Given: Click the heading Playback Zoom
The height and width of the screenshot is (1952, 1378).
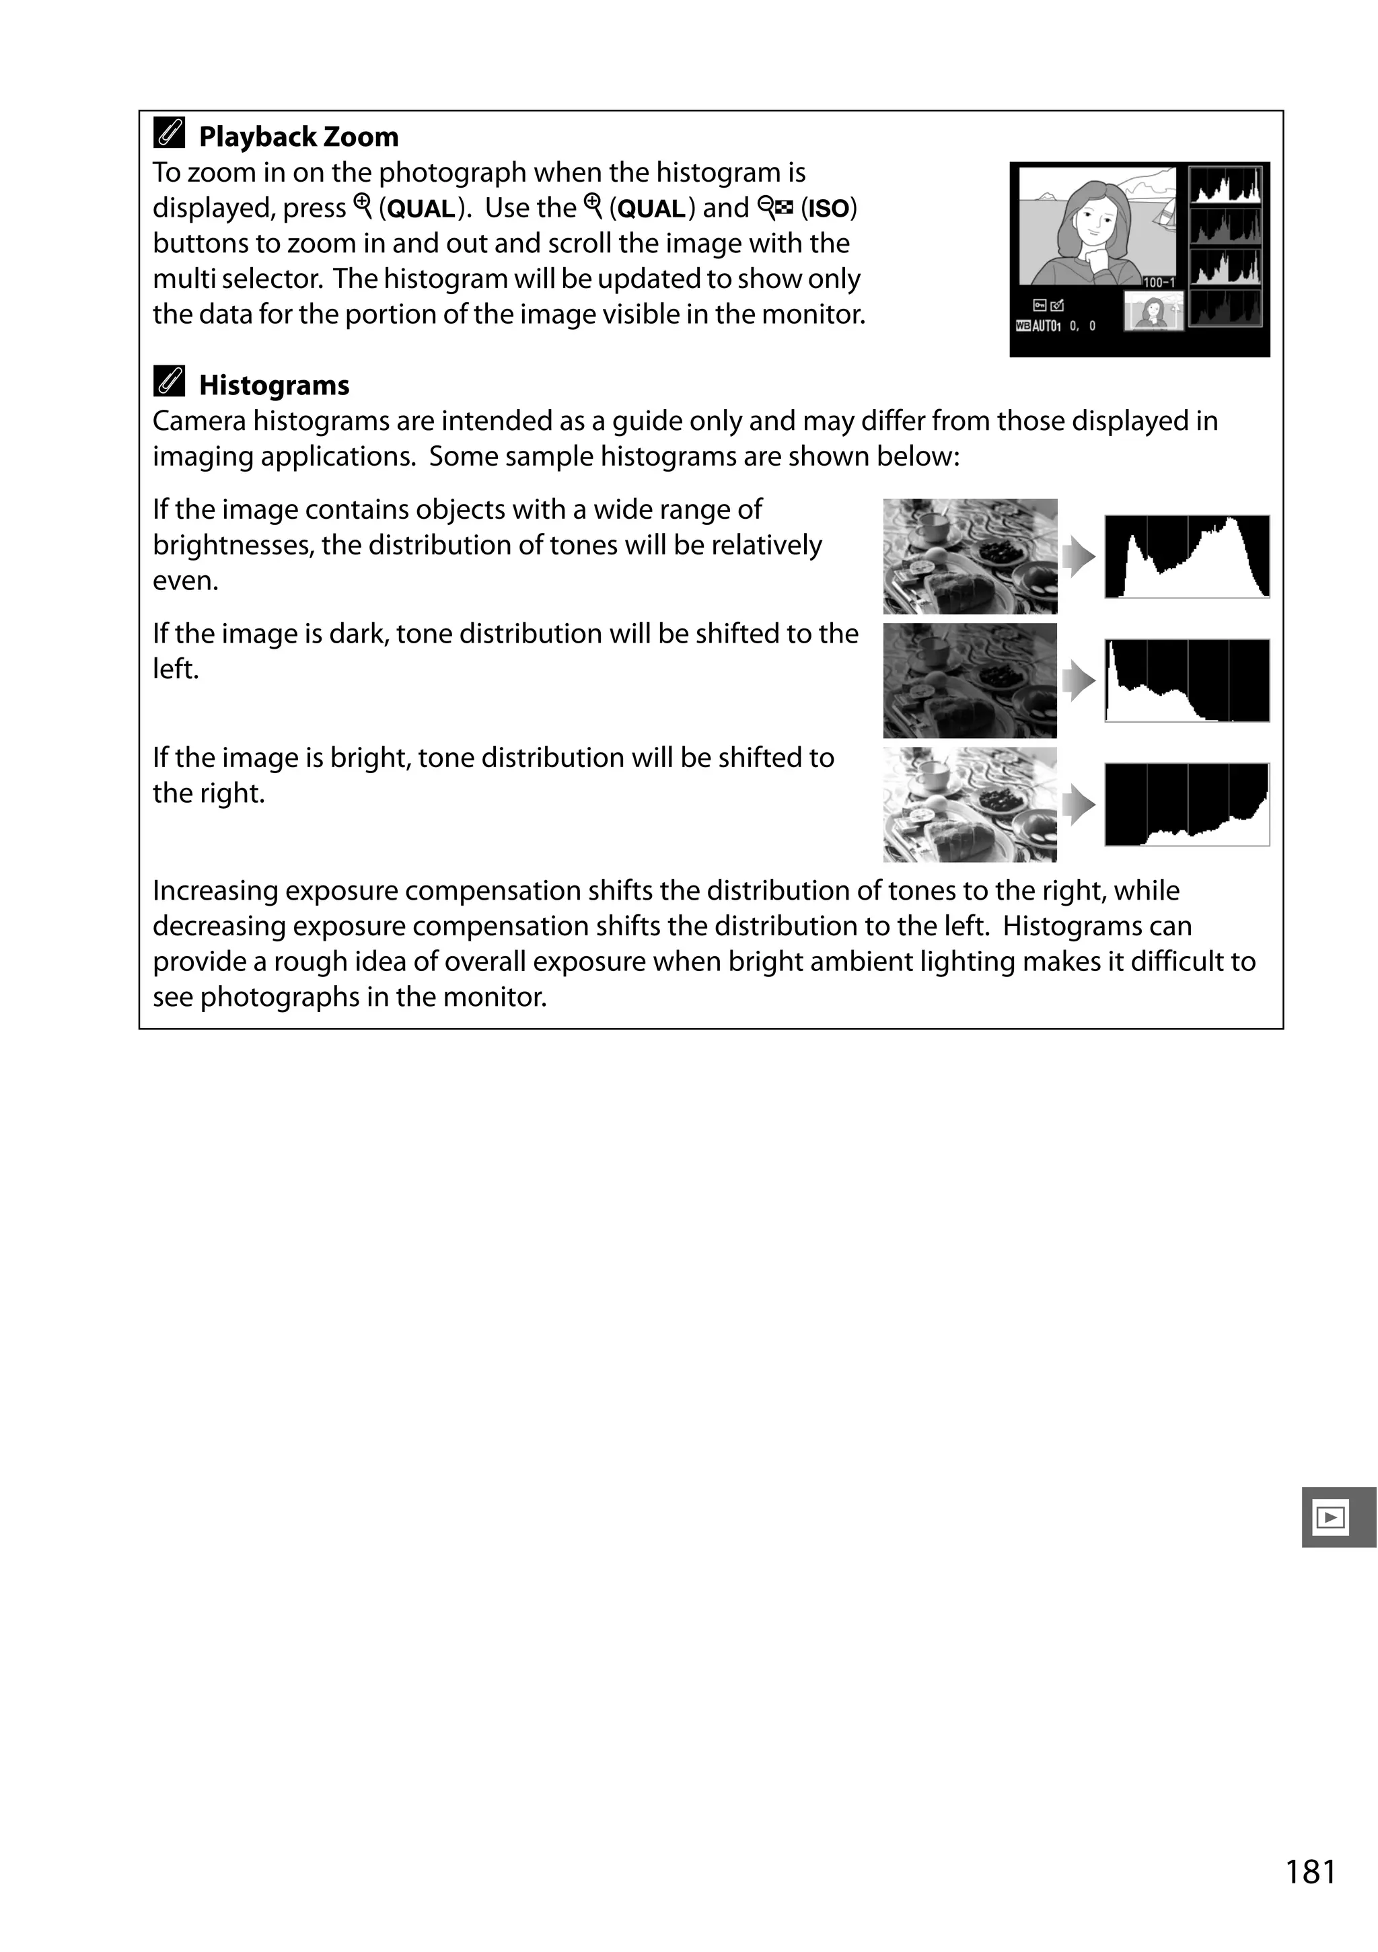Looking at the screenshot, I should coord(297,137).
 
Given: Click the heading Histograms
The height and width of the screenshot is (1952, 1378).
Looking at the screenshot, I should coord(274,385).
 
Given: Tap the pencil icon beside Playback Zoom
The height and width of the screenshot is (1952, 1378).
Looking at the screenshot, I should coord(169,133).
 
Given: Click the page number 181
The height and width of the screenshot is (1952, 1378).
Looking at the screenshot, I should coord(1310,1872).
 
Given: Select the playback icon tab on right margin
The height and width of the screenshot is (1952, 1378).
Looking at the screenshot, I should coord(1332,1517).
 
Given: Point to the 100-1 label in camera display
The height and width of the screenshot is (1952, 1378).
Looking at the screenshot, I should coord(1158,282).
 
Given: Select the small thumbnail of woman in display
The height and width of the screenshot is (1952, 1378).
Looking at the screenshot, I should coord(1153,311).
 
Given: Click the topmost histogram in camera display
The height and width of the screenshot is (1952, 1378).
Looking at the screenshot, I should coord(1225,185).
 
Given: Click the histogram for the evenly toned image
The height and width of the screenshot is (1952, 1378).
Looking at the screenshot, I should coord(1187,557).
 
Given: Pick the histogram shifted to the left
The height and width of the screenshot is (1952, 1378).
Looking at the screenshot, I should coord(1187,681).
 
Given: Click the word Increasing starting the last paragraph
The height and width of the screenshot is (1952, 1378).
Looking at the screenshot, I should coord(216,891).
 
